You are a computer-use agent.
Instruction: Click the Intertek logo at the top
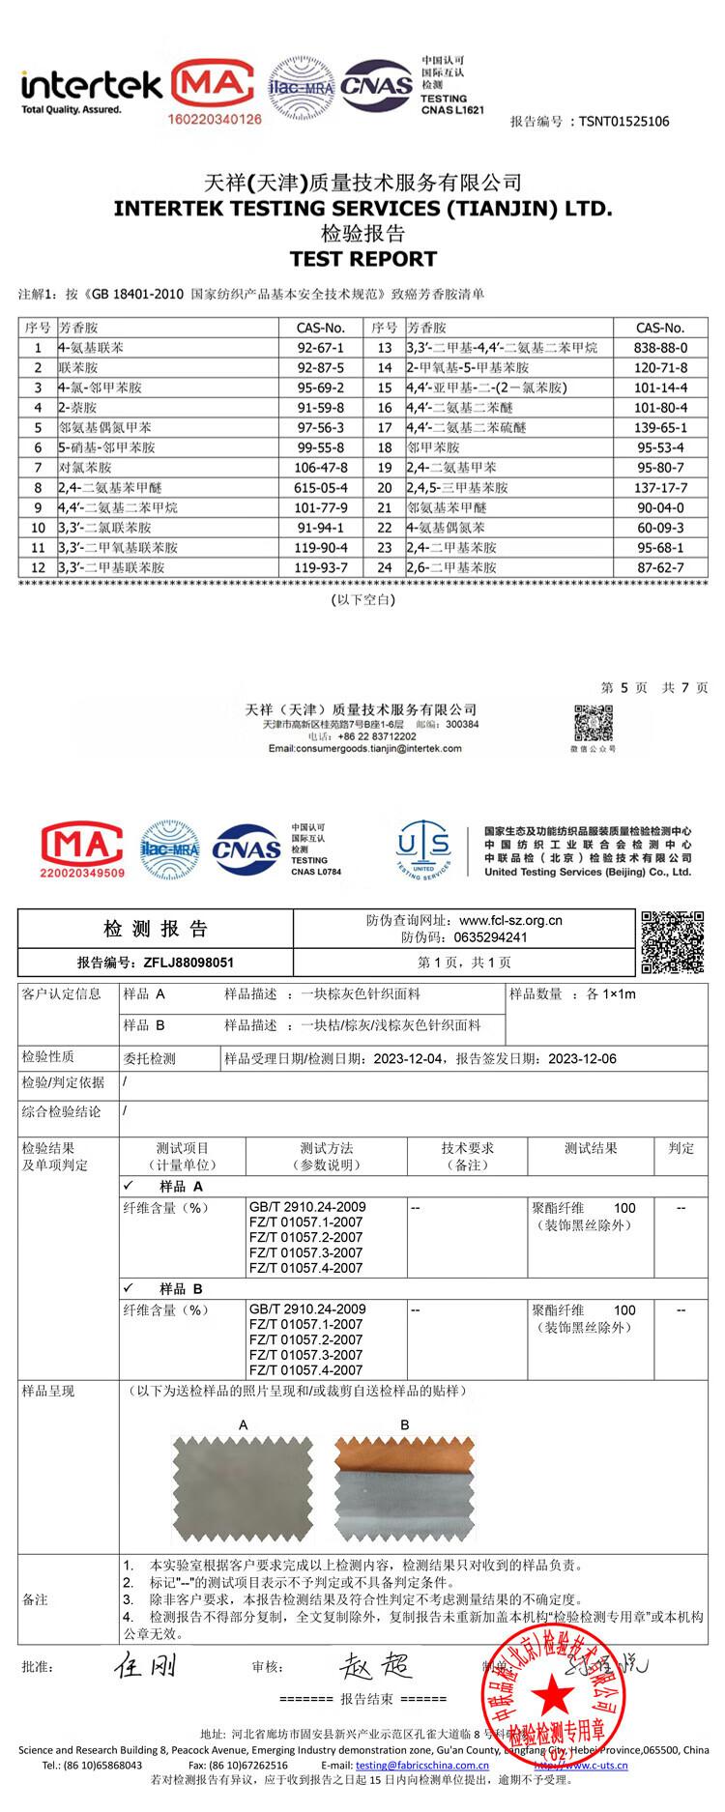[x=91, y=91]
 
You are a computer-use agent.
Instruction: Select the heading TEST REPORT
[x=362, y=259]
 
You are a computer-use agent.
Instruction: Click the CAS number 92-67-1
[x=320, y=348]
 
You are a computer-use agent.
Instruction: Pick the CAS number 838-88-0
[x=661, y=348]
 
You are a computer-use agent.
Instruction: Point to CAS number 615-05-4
[x=320, y=488]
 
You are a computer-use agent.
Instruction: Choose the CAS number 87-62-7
[x=661, y=568]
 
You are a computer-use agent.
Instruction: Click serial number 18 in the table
[x=385, y=448]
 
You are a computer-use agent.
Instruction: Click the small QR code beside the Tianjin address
[x=594, y=723]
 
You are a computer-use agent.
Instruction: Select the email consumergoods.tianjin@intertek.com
[x=365, y=748]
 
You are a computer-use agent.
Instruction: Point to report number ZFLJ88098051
[x=188, y=963]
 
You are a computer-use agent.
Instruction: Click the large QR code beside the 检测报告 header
[x=672, y=941]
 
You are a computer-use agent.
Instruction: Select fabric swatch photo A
[x=243, y=1487]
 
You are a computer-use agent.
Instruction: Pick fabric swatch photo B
[x=405, y=1487]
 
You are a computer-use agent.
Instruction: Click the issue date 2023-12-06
[x=582, y=1058]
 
